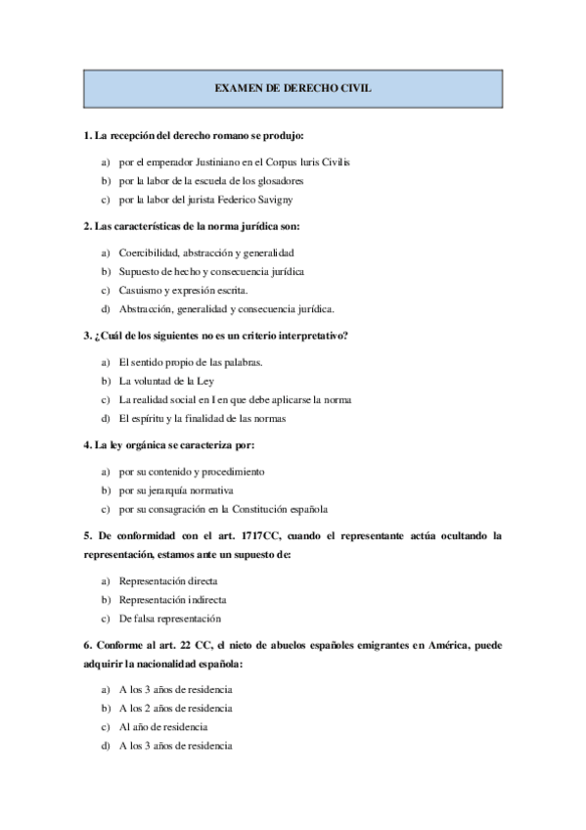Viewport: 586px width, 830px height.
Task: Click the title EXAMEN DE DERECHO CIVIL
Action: pyautogui.click(x=293, y=87)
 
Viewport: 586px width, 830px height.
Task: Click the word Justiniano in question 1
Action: pyautogui.click(x=215, y=161)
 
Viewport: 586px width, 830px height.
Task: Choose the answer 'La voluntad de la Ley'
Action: pyautogui.click(x=166, y=380)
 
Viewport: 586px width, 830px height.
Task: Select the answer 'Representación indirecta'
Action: pyautogui.click(x=172, y=599)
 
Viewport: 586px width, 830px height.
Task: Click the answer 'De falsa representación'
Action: pyautogui.click(x=170, y=619)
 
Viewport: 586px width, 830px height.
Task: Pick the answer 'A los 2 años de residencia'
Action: pyautogui.click(x=176, y=708)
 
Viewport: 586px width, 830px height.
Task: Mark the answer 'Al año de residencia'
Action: pyautogui.click(x=163, y=726)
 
